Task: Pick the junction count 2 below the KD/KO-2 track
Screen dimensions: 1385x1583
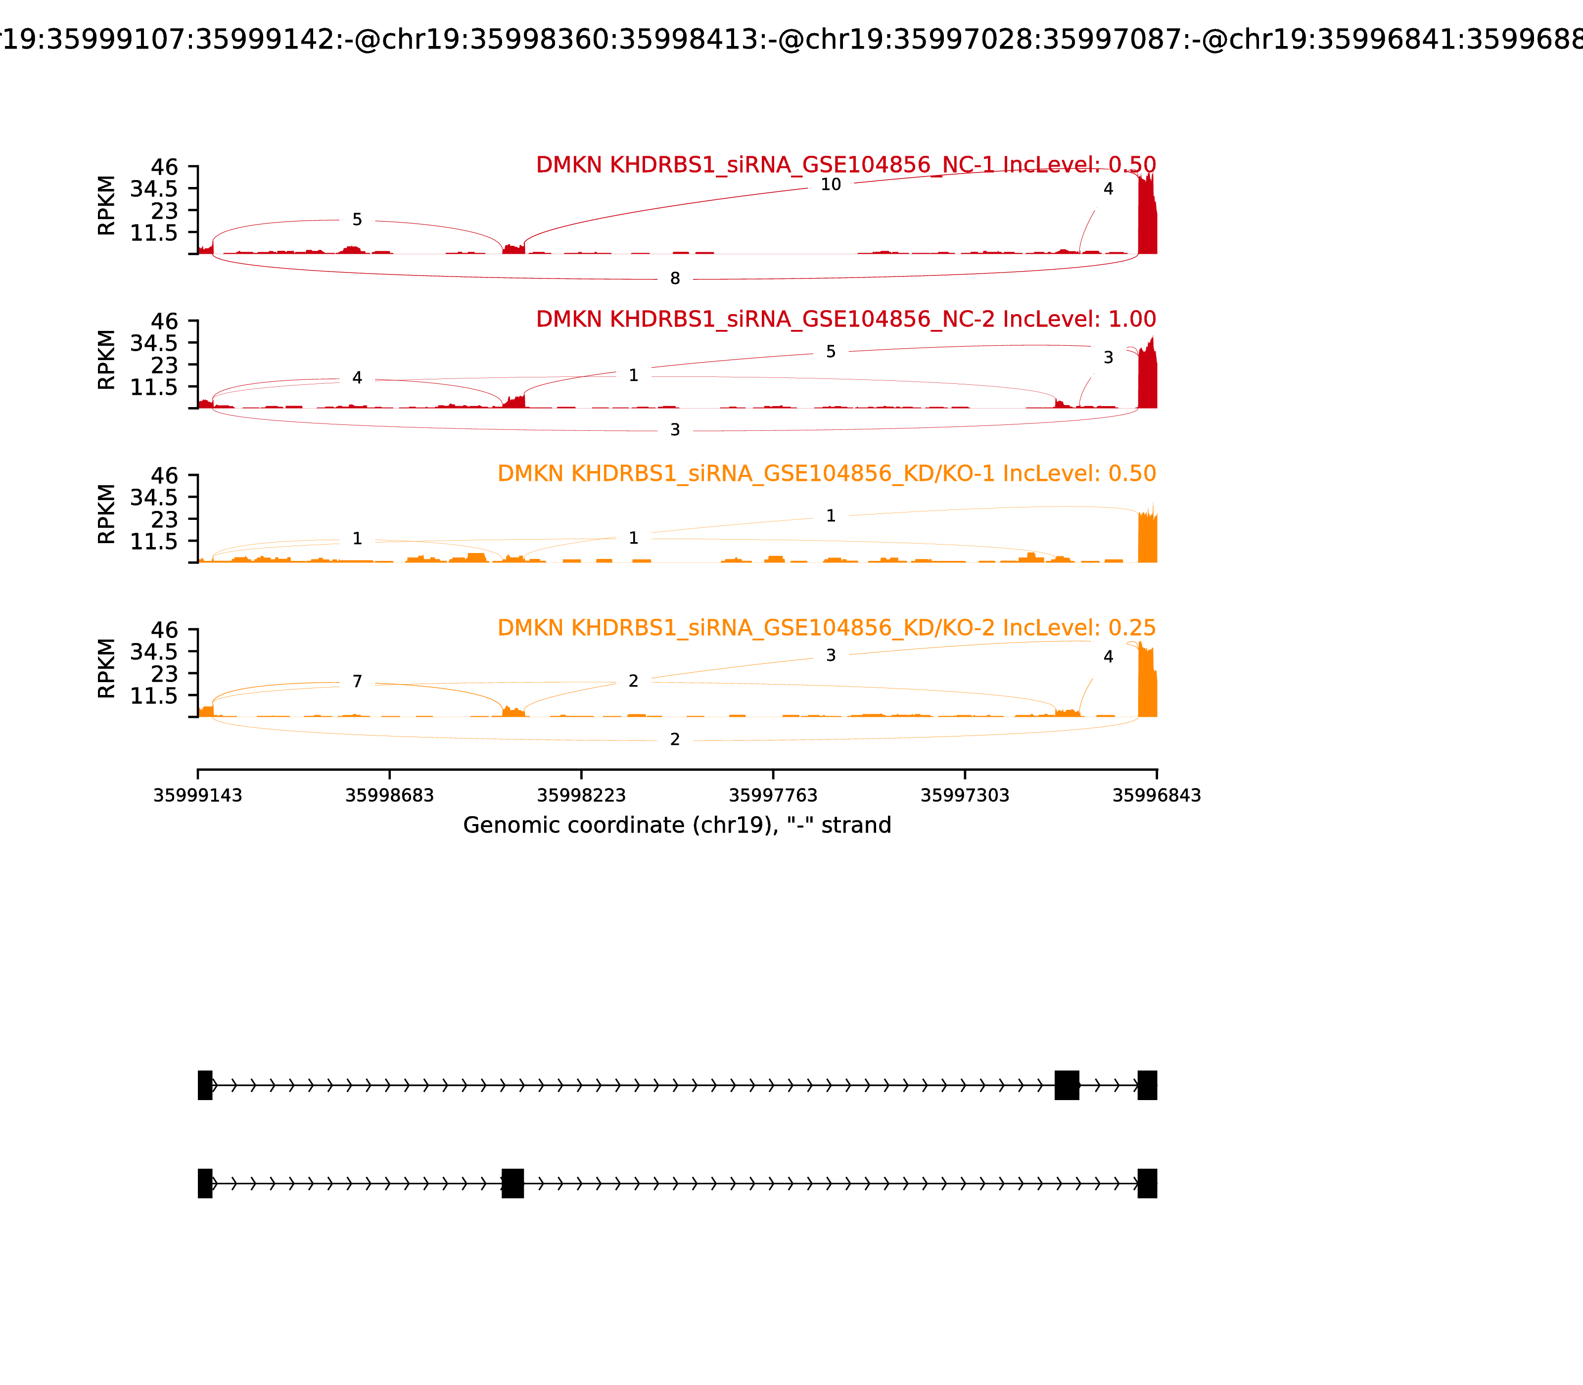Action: coord(675,739)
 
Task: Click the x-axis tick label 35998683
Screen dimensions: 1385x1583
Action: coord(390,795)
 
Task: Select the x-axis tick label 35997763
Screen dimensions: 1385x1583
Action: coord(773,795)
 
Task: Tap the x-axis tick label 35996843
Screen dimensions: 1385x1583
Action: coord(1157,795)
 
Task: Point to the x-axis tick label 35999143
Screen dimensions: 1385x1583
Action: coord(198,795)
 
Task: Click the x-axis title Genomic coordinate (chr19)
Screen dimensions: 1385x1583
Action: coord(677,826)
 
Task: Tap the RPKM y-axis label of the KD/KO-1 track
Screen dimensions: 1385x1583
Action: coord(107,514)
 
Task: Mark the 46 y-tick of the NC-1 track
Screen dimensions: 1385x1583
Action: coord(164,167)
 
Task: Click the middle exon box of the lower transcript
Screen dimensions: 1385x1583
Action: coord(512,1183)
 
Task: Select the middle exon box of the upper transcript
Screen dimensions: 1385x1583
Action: coord(1067,1085)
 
